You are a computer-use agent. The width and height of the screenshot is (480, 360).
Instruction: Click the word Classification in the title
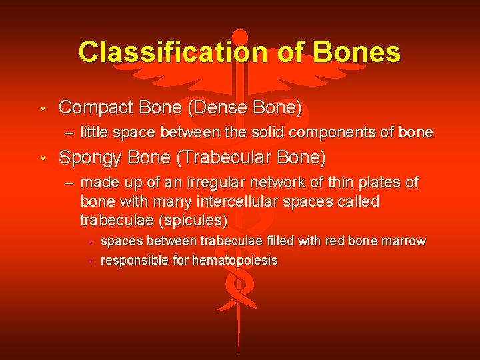[x=159, y=51]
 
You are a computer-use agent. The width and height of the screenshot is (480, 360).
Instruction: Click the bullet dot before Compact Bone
[x=41, y=108]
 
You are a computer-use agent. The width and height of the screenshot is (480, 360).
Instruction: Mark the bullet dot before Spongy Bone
[x=41, y=159]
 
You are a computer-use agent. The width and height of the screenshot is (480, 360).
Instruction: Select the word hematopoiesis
[x=235, y=260]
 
